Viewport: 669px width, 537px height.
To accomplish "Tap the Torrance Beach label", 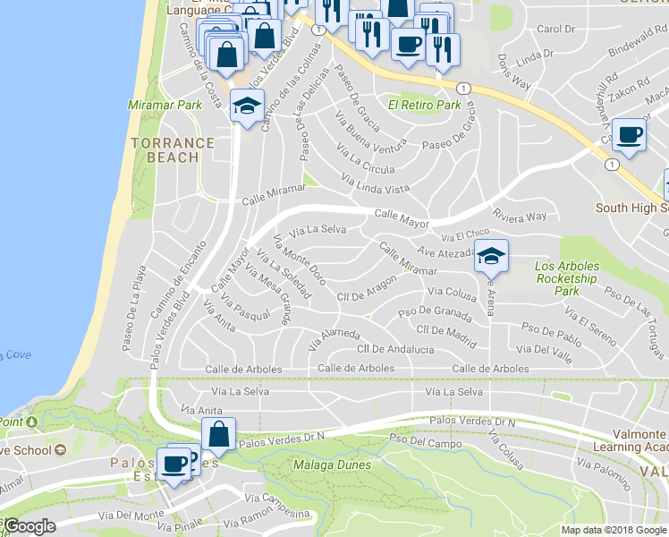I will tap(173, 149).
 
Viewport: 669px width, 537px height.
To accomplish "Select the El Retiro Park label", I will tap(424, 105).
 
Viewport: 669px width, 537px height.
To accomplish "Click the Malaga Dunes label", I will tap(331, 465).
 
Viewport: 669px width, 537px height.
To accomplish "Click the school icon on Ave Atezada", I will tap(490, 256).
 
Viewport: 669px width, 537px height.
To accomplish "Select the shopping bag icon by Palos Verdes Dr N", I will tap(218, 435).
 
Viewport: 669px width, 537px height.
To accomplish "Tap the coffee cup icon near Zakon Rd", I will tap(629, 134).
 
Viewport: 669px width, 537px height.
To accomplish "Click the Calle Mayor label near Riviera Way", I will tap(402, 217).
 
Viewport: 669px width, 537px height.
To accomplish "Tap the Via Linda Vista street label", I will tap(376, 183).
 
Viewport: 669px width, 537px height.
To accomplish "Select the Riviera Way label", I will tap(520, 216).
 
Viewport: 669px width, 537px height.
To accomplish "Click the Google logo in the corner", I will tap(30, 527).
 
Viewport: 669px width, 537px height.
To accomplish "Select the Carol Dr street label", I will tap(556, 29).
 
